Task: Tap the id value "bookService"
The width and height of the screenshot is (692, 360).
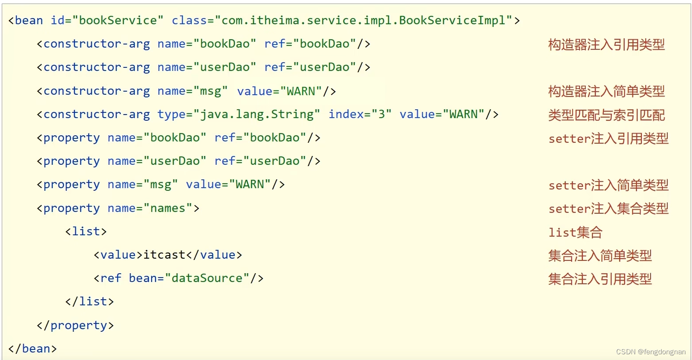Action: tap(118, 21)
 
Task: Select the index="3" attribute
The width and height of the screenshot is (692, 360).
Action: tap(360, 115)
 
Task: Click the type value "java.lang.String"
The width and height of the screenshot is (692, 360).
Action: tap(257, 115)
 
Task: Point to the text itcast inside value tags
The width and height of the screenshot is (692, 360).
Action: tap(164, 255)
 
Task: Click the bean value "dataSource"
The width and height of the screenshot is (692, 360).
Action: tap(207, 278)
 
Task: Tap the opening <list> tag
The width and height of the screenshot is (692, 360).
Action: tap(86, 232)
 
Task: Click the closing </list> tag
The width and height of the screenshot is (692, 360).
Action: tap(89, 302)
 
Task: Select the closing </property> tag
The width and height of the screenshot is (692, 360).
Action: tap(75, 326)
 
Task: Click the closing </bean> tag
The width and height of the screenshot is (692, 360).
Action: tap(33, 349)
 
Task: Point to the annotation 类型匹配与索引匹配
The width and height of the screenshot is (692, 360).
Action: tap(606, 115)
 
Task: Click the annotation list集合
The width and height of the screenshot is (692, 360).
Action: tap(575, 232)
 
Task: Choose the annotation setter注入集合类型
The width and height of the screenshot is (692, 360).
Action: tap(608, 209)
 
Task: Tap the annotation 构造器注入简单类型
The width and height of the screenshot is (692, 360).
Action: tap(606, 92)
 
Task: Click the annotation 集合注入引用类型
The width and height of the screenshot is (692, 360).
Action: tap(600, 279)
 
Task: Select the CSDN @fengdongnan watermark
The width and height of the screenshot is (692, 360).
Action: tap(651, 352)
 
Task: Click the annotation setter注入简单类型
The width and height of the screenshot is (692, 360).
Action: tap(608, 186)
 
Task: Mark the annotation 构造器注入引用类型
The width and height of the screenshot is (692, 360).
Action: tap(606, 45)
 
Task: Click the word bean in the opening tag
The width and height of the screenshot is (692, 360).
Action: tap(29, 21)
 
